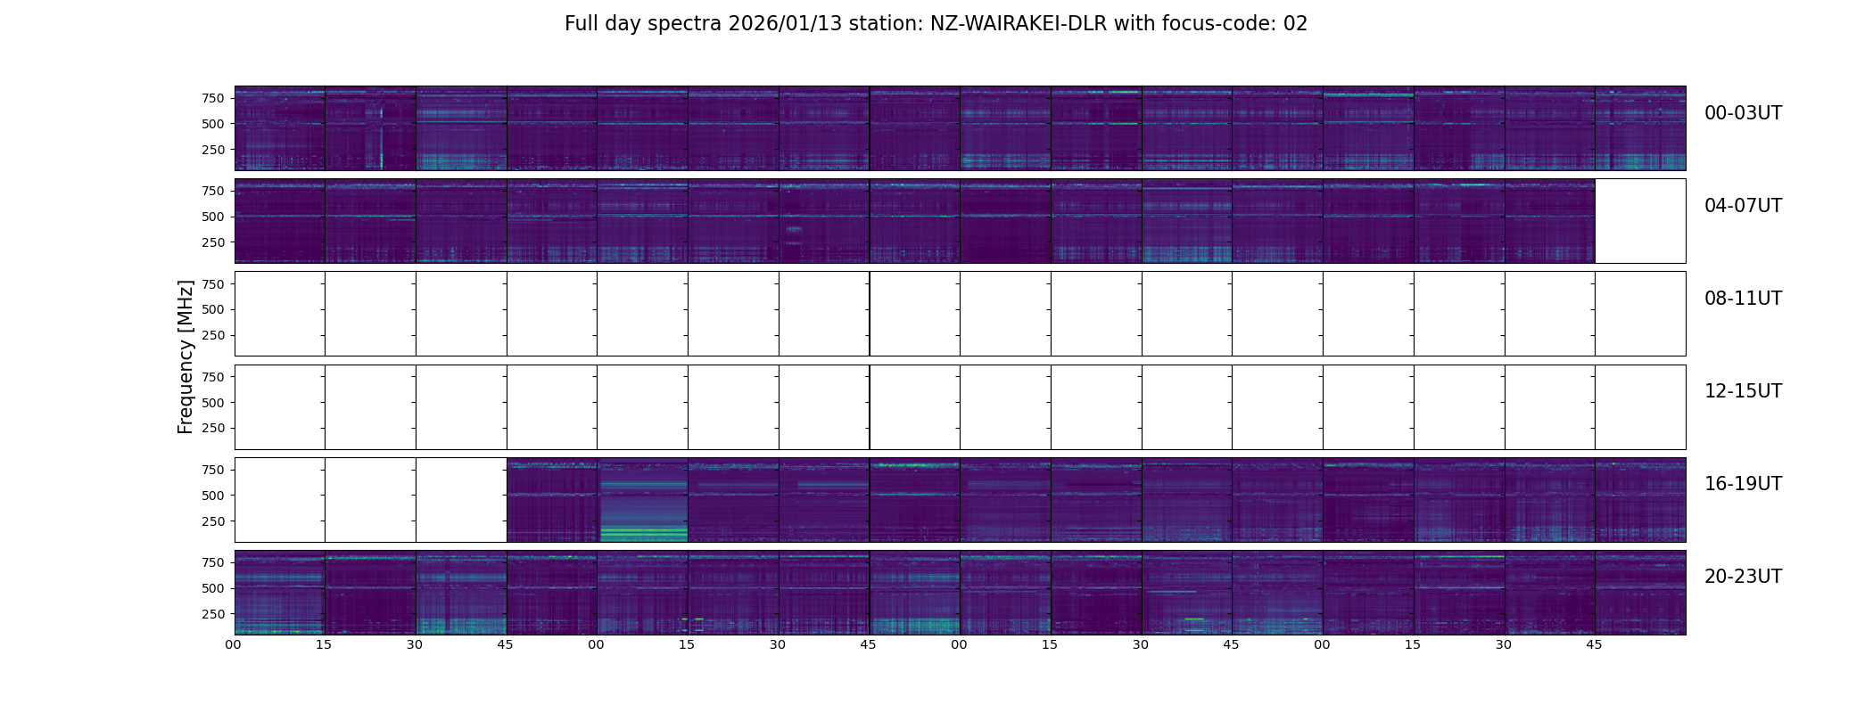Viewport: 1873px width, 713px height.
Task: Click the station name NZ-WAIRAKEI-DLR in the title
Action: pyautogui.click(x=1018, y=24)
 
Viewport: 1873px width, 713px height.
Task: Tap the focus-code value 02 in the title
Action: pyautogui.click(x=1295, y=24)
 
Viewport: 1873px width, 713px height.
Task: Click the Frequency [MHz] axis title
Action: pyautogui.click(x=186, y=356)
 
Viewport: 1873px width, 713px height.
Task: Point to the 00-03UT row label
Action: pyautogui.click(x=1743, y=113)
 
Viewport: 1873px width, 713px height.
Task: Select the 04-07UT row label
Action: pyautogui.click(x=1743, y=206)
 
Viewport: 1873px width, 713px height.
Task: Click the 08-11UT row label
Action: pyautogui.click(x=1743, y=299)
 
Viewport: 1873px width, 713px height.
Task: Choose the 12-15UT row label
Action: pyautogui.click(x=1743, y=391)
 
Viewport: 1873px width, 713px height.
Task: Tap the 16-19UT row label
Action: pyautogui.click(x=1743, y=484)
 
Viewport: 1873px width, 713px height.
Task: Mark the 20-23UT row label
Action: pyautogui.click(x=1743, y=577)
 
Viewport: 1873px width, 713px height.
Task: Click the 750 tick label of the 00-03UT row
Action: pyautogui.click(x=212, y=98)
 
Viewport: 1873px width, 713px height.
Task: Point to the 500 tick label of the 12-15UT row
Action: pyautogui.click(x=212, y=403)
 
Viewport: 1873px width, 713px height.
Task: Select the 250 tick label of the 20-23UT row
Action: pyautogui.click(x=212, y=614)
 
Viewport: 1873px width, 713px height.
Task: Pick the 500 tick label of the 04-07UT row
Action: pyautogui.click(x=212, y=217)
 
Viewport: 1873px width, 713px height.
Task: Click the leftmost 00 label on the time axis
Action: pyautogui.click(x=234, y=645)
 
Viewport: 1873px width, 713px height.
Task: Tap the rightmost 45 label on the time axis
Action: pyautogui.click(x=1594, y=645)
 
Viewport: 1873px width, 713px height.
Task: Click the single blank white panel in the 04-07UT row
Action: pyautogui.click(x=1639, y=221)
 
